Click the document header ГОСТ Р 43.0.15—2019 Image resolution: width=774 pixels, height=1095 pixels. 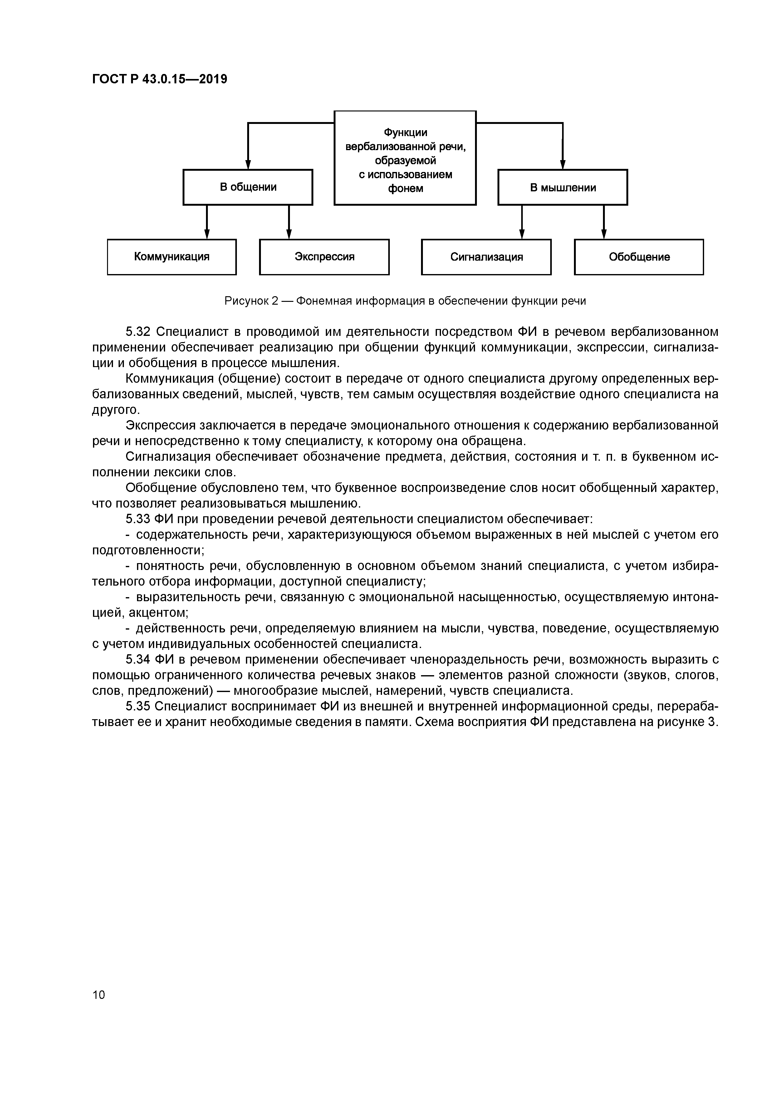pyautogui.click(x=159, y=79)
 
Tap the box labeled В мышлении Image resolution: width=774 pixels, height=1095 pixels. pyautogui.click(x=562, y=187)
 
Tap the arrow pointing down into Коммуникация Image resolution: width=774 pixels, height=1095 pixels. pyautogui.click(x=207, y=233)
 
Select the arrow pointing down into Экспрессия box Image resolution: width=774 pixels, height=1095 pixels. pyautogui.click(x=288, y=233)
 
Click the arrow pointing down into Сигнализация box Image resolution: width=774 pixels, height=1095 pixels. pyautogui.click(x=522, y=233)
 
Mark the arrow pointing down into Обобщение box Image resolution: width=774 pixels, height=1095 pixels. pyautogui.click(x=604, y=233)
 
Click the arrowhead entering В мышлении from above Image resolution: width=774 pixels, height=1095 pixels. pyautogui.click(x=563, y=164)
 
